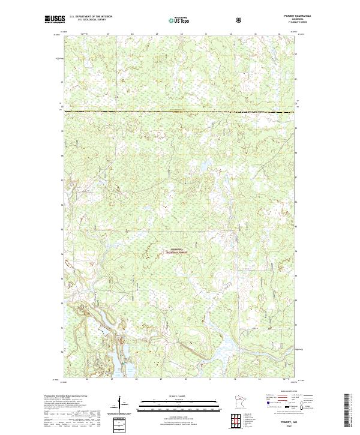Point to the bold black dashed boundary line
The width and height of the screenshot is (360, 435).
pos(180,112)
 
